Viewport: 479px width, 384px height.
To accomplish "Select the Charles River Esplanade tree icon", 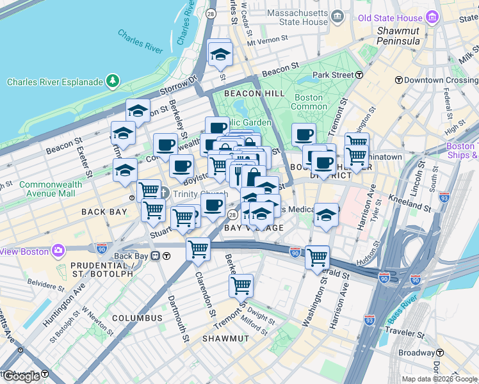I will [x=113, y=81].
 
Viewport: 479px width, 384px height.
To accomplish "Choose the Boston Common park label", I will [x=308, y=102].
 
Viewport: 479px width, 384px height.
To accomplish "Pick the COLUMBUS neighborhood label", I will [x=137, y=317].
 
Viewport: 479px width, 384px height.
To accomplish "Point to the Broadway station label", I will [x=417, y=353].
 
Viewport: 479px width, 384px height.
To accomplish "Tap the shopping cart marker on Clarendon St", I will [x=198, y=248].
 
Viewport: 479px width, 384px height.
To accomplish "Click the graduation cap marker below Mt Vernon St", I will [x=220, y=54].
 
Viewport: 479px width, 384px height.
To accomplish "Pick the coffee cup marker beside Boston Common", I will [x=304, y=134].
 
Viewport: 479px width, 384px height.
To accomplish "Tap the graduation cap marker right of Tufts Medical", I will [x=326, y=215].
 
